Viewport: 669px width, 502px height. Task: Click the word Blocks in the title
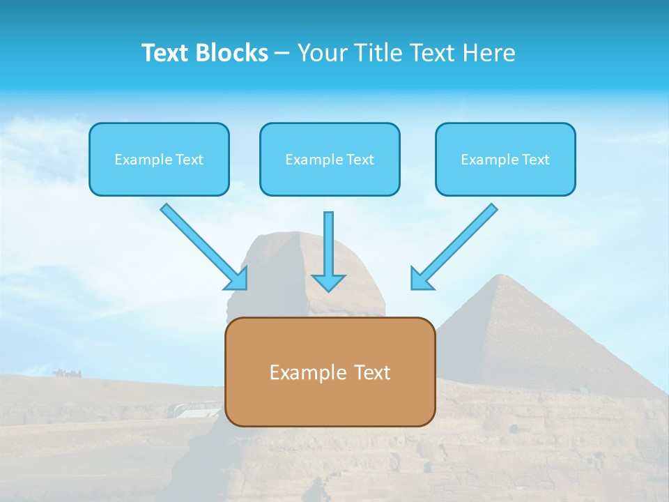click(232, 53)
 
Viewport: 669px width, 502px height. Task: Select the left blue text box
click(159, 159)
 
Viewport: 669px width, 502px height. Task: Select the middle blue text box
click(330, 159)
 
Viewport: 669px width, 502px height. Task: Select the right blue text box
click(505, 159)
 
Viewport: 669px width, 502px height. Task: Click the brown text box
click(330, 372)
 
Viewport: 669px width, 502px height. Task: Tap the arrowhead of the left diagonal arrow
click(238, 280)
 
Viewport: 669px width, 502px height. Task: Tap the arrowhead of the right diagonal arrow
click(420, 280)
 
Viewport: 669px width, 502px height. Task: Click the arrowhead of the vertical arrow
click(328, 282)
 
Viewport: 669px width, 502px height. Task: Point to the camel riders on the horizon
click(66, 373)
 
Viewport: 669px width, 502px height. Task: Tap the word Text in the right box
click(536, 160)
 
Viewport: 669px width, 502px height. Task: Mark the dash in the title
click(282, 54)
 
